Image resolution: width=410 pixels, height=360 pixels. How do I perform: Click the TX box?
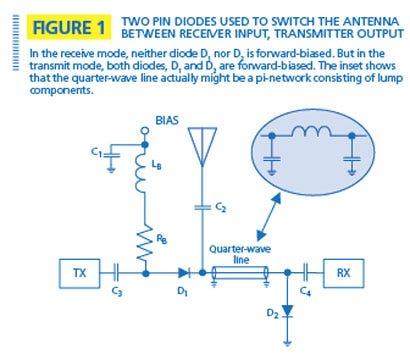click(x=79, y=273)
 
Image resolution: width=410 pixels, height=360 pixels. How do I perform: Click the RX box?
click(x=344, y=273)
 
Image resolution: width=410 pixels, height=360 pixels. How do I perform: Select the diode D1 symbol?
click(x=184, y=273)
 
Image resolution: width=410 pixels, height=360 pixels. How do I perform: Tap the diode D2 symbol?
click(x=287, y=311)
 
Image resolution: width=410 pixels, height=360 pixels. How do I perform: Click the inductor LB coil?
click(x=141, y=173)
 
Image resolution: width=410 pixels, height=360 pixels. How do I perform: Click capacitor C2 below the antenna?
click(x=202, y=207)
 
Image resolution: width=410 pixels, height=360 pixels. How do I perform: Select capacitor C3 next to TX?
click(x=116, y=273)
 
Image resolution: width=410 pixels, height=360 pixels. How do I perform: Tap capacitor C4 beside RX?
click(x=306, y=273)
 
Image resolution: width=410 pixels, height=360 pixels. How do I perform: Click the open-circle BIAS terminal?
click(x=144, y=131)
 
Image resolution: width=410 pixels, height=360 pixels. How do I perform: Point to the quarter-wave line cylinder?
click(x=240, y=273)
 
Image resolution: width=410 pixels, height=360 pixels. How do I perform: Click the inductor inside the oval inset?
click(x=312, y=132)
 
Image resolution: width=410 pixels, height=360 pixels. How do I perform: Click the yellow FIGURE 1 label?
click(x=69, y=27)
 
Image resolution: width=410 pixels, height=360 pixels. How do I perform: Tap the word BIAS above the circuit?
click(x=167, y=120)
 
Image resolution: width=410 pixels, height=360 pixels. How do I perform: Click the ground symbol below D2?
click(x=287, y=342)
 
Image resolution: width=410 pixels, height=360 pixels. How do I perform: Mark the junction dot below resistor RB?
click(x=145, y=274)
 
